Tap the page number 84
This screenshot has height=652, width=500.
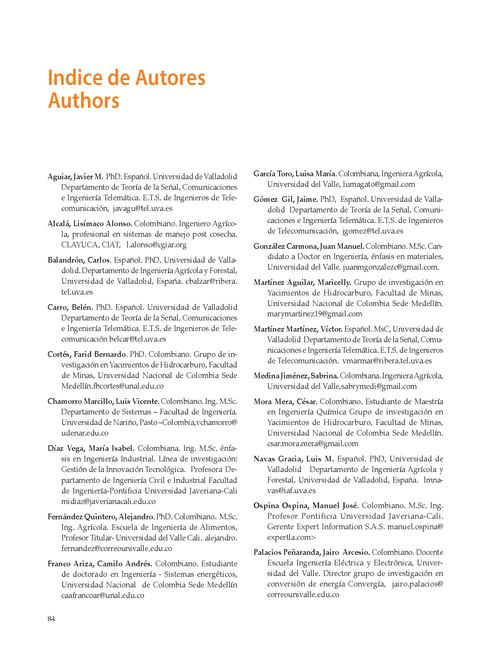pos(51,619)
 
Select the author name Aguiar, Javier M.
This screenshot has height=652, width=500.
pos(75,177)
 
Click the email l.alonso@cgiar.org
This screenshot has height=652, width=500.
pos(156,245)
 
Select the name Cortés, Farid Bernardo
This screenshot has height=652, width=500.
pos(88,354)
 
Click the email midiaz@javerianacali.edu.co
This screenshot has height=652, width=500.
pos(108,501)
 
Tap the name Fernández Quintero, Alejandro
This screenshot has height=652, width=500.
pos(101,517)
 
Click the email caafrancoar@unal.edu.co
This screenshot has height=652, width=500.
pos(103,595)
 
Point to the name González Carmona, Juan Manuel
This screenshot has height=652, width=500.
pos(309,246)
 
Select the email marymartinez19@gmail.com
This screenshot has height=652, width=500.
pos(315,314)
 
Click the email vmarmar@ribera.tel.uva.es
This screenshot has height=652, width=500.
pos(387,361)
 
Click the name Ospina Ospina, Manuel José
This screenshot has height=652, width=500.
pos(306,505)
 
